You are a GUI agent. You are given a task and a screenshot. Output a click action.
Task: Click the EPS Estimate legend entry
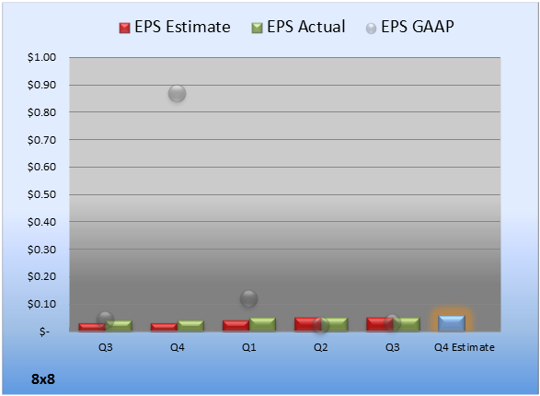point(175,27)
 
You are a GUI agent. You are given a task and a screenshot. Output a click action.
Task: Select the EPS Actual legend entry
point(298,27)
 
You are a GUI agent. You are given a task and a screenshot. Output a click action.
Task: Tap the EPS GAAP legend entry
point(409,27)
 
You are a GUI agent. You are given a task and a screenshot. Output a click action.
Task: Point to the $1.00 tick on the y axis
point(41,57)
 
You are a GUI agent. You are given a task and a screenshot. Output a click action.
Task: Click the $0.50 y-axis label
point(41,194)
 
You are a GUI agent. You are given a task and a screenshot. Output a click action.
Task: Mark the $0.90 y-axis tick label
point(41,85)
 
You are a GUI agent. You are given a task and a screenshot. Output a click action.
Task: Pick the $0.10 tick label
point(41,304)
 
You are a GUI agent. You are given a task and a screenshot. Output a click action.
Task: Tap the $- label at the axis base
point(44,332)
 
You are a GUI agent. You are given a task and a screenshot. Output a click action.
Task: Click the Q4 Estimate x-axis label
point(465,347)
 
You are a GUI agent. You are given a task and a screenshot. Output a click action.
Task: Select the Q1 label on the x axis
point(248,347)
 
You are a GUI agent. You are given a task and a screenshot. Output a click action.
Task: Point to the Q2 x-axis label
point(321,347)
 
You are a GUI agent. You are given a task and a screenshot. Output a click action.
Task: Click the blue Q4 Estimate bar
point(452,323)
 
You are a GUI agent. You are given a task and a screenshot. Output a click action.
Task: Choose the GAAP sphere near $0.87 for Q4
point(177,93)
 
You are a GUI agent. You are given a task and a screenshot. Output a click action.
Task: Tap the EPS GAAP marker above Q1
point(248,298)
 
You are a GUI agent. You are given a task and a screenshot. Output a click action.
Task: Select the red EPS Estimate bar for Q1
point(236,326)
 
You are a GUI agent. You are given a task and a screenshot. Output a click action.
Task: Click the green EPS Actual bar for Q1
point(262,324)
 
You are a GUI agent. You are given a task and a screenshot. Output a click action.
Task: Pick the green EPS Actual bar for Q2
point(334,324)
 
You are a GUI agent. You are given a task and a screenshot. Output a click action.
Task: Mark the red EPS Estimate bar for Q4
point(164,327)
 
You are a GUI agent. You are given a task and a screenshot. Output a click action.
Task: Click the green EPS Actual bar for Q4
point(190,326)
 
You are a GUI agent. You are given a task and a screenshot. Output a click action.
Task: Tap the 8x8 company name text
point(43,379)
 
